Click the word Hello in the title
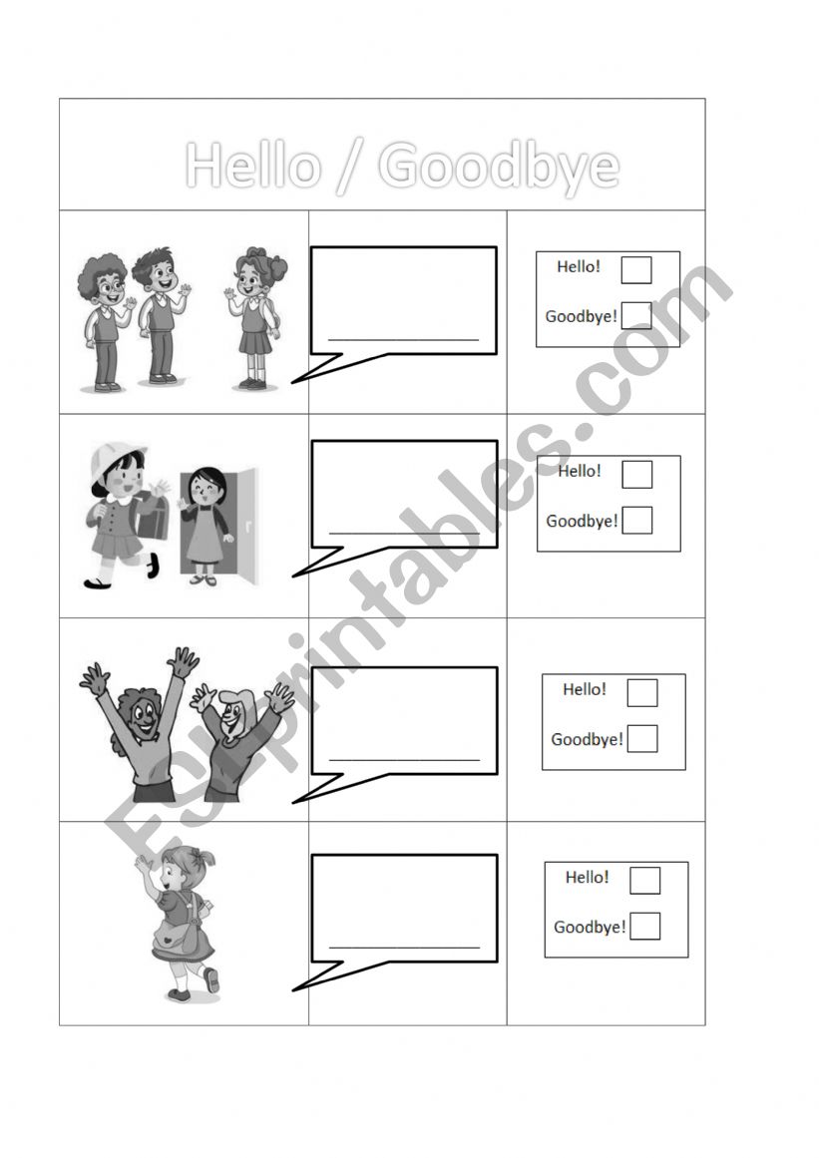click(253, 165)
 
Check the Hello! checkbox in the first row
click(635, 270)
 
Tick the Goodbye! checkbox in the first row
click(635, 315)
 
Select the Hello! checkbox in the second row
click(636, 474)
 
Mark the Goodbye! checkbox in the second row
click(636, 520)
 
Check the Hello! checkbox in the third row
click(641, 693)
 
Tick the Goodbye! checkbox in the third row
click(641, 738)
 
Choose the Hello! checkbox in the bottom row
click(644, 881)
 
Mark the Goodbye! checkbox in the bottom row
click(644, 927)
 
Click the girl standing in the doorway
click(205, 527)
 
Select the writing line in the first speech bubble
click(404, 340)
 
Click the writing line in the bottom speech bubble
click(405, 947)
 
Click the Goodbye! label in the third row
click(588, 739)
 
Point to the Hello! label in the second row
click(579, 471)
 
